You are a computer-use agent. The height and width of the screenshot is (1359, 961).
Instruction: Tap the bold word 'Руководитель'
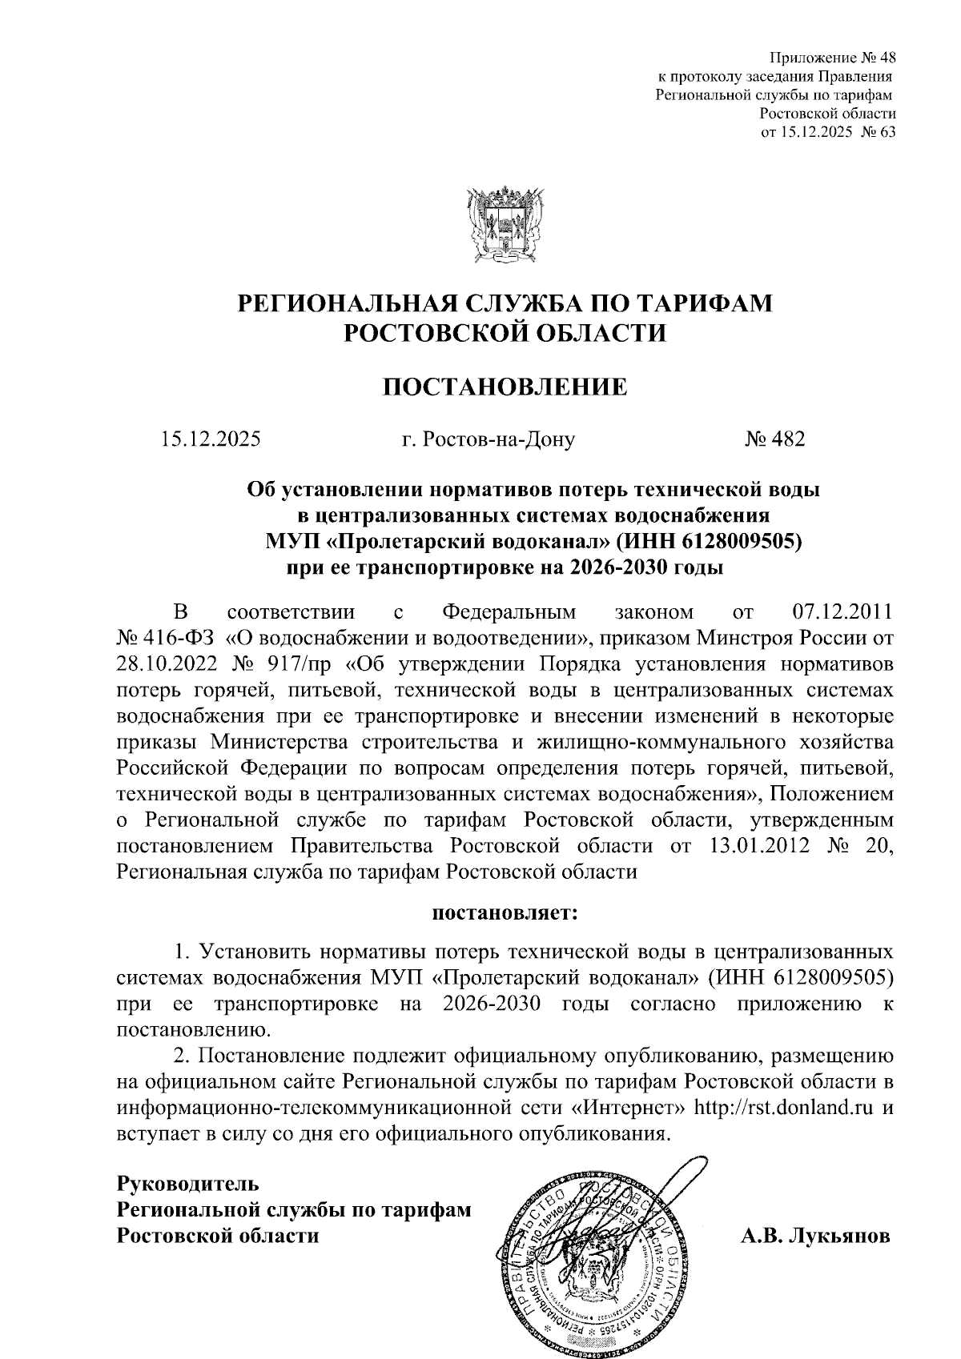pyautogui.click(x=188, y=1182)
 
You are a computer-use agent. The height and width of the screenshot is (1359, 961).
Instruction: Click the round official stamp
pyautogui.click(x=590, y=1263)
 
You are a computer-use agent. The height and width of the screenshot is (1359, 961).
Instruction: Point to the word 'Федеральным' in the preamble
pyautogui.click(x=509, y=613)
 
